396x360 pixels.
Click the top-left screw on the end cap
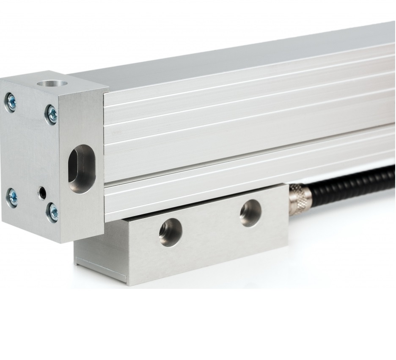click(x=11, y=102)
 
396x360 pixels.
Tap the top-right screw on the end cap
click(x=52, y=114)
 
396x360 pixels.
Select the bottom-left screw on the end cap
click(x=12, y=197)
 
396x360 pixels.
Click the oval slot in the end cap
click(x=81, y=169)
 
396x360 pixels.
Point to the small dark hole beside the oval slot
click(x=42, y=193)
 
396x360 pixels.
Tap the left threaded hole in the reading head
click(x=170, y=232)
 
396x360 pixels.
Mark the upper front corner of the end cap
click(x=105, y=91)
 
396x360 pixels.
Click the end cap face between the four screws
click(x=30, y=152)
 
